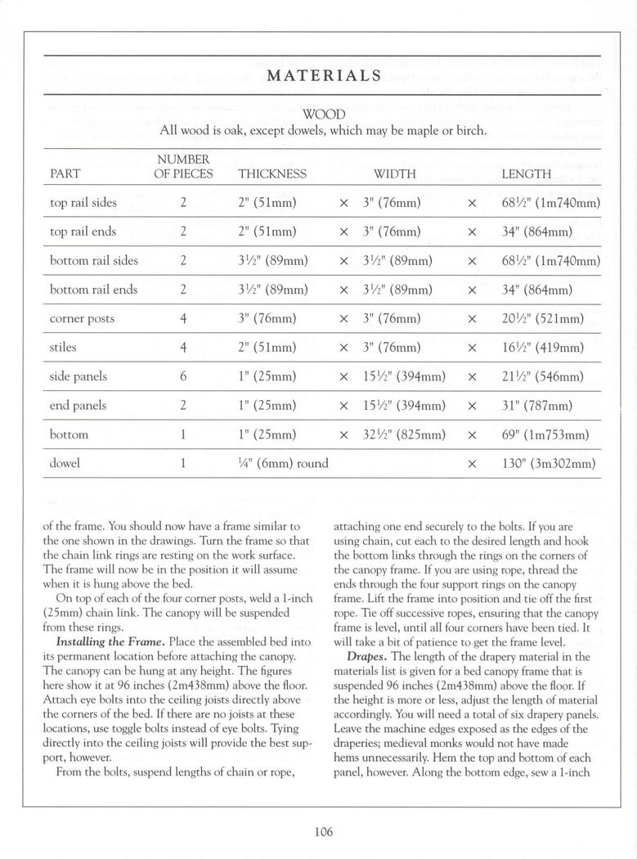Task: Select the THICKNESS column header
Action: point(272,174)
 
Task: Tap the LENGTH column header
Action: point(526,174)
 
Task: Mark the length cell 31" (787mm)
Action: point(536,406)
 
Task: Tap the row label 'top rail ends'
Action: point(83,232)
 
